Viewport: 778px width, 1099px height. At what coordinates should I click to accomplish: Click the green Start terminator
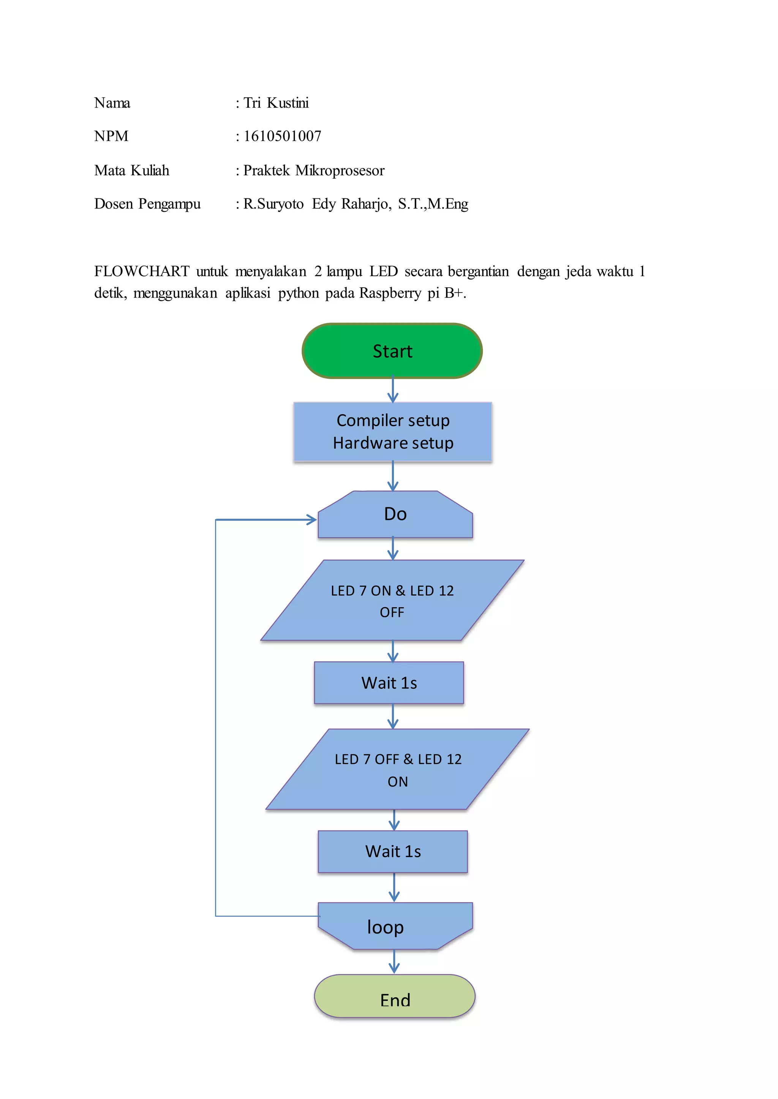(392, 351)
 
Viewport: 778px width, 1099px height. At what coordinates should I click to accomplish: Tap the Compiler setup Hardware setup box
(393, 432)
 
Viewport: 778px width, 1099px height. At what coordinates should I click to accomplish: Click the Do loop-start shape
(395, 515)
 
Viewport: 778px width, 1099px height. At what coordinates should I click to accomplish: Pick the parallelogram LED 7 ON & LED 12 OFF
(392, 600)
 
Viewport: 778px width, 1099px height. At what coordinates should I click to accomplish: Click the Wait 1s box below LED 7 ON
(389, 683)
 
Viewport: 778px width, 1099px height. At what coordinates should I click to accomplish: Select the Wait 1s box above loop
(393, 851)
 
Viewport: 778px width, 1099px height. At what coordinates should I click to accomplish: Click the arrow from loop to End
(394, 961)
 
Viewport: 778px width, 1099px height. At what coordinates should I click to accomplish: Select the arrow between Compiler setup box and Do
(393, 476)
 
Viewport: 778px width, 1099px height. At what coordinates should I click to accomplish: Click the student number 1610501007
(282, 136)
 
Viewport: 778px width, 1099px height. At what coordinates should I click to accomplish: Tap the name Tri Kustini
(276, 103)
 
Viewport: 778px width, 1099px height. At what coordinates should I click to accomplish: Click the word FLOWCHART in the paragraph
(142, 271)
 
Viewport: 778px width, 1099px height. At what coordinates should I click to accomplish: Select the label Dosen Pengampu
(147, 204)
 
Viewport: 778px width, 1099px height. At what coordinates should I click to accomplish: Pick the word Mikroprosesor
(340, 170)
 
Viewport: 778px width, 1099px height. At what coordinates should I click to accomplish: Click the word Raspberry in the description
(390, 293)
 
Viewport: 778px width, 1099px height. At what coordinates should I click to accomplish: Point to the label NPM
(111, 136)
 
